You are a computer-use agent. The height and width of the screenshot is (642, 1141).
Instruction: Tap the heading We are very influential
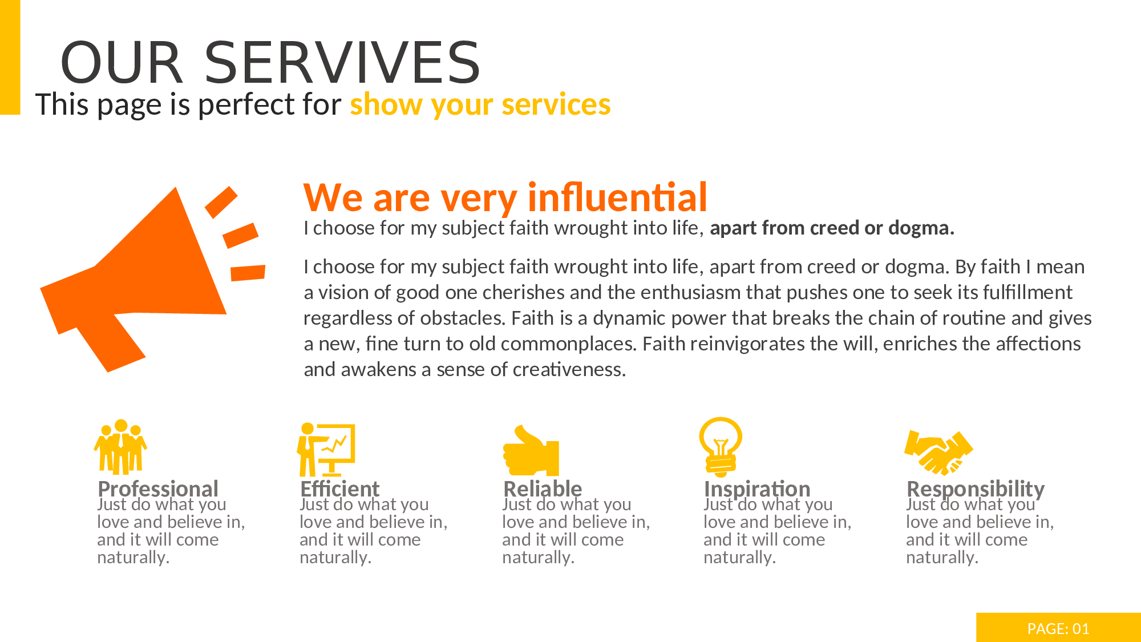click(505, 198)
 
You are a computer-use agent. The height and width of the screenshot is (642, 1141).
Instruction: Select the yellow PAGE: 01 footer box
click(1058, 628)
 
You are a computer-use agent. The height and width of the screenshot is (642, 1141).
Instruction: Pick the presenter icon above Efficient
click(326, 450)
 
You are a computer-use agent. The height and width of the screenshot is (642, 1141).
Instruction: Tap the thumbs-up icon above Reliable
click(531, 450)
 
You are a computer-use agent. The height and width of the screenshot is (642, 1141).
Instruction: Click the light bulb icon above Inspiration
click(721, 447)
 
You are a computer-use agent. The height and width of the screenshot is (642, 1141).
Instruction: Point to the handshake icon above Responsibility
click(938, 453)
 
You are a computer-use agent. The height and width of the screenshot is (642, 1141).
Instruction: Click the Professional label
click(158, 489)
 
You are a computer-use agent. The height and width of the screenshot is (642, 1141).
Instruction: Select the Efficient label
click(340, 489)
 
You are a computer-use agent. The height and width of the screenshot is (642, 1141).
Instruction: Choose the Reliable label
click(543, 489)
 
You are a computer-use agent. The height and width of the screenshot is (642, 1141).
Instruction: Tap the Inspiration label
click(757, 489)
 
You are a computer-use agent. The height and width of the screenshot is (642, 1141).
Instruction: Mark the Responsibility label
click(976, 489)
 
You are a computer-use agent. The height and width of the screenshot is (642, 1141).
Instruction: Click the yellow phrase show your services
click(480, 104)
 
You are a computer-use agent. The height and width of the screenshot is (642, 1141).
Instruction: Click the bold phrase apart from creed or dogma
click(832, 228)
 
